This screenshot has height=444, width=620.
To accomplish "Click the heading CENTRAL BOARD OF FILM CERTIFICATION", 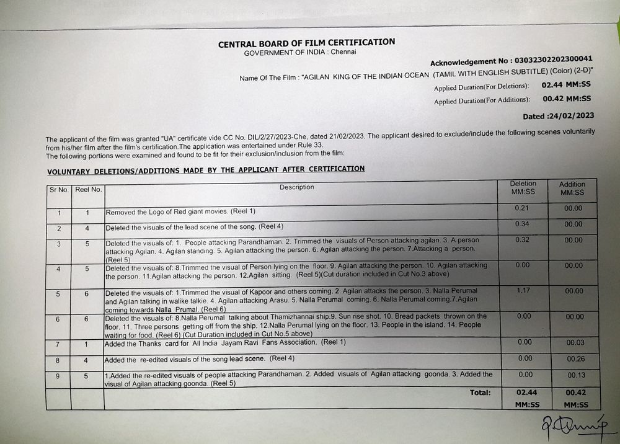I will pos(306,43).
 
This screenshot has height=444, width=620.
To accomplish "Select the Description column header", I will pos(296,187).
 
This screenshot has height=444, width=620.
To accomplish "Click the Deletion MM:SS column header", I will pos(523,188).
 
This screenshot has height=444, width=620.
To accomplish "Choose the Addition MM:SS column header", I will pos(572,188).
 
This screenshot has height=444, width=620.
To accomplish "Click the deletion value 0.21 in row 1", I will pos(521,208).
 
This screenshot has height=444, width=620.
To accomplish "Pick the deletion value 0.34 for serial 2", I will pos(521,224).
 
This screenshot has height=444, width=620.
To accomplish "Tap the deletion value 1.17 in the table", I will pos(521,290).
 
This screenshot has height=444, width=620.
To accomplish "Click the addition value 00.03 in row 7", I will pos(574,342).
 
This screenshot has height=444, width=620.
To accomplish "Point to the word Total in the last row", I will pos(480,392).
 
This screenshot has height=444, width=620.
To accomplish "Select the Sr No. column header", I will pos(58,189).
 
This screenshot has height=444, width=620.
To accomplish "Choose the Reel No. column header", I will pos(87,189).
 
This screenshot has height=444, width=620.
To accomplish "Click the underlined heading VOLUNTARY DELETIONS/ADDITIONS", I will pos(205,169).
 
